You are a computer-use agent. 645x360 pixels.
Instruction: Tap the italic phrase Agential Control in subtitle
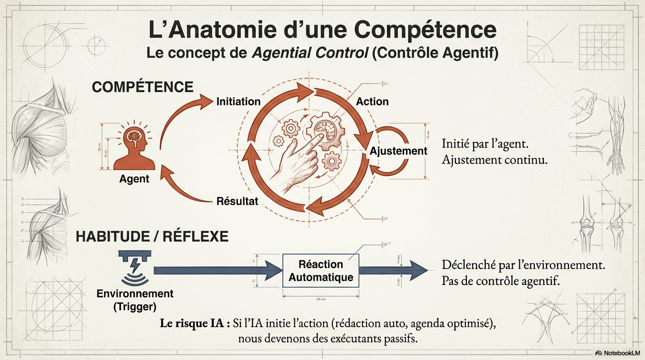(x=309, y=53)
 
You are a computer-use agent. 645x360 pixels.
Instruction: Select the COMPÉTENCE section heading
(x=142, y=87)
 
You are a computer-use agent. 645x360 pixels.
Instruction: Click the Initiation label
(x=238, y=101)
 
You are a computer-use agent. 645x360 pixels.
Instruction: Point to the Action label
(x=372, y=101)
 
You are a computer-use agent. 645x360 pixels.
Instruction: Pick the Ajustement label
(x=398, y=151)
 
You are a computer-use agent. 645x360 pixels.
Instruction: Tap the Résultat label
(x=237, y=202)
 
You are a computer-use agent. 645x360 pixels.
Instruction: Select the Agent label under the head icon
(x=134, y=179)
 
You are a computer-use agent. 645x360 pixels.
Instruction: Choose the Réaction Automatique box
(x=321, y=271)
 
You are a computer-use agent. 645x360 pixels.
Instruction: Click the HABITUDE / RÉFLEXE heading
(x=152, y=236)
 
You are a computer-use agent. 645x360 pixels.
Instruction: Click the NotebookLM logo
(x=616, y=352)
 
